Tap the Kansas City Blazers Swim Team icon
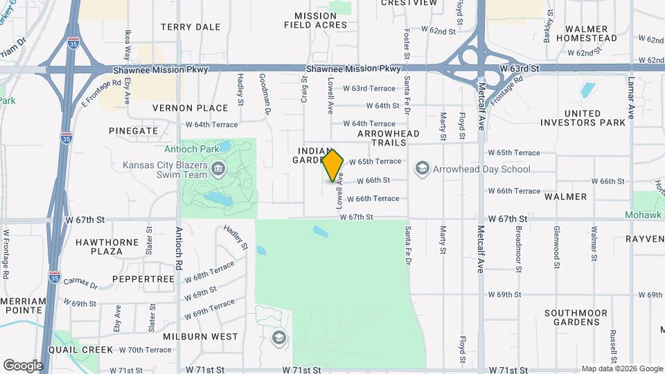coord(218,168)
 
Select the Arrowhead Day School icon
coord(421,168)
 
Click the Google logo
coord(23,365)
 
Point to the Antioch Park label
coord(192,148)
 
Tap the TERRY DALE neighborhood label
coord(190,27)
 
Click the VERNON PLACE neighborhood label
coord(190,108)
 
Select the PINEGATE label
coord(133,130)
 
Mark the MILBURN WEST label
coord(200,337)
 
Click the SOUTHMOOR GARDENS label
coord(580,318)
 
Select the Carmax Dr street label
coord(81,282)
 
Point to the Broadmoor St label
coord(518,243)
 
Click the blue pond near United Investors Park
coord(588,90)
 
